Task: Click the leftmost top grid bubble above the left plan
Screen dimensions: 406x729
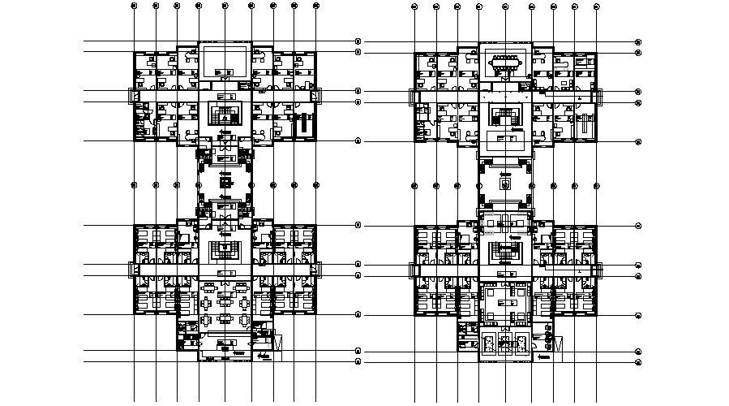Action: click(x=134, y=6)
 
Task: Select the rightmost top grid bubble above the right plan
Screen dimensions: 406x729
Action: click(x=596, y=6)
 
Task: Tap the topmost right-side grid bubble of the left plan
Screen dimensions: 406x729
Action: click(x=358, y=41)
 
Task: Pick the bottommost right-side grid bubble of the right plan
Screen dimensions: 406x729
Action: click(x=638, y=362)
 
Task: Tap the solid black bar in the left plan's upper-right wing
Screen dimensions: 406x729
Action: click(x=305, y=125)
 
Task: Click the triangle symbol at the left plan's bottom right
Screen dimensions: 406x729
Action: click(x=277, y=344)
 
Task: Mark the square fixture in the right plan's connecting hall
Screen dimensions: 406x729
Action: click(x=506, y=184)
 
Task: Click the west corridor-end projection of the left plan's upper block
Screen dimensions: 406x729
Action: click(x=129, y=96)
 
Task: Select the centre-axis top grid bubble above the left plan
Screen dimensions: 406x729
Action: click(x=225, y=6)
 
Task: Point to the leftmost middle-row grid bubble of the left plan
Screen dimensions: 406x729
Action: click(x=134, y=185)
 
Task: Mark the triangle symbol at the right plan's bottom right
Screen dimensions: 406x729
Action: click(x=558, y=344)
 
